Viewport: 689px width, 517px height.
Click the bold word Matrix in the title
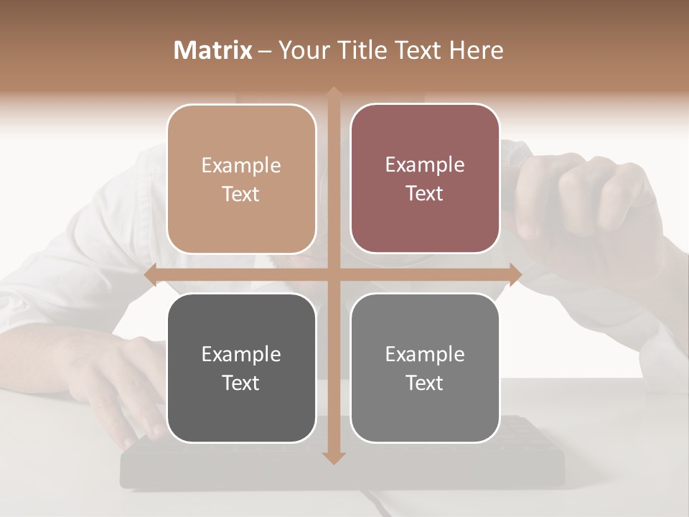click(213, 50)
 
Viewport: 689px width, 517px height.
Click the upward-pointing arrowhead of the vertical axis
click(333, 93)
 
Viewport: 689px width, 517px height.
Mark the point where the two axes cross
click(333, 274)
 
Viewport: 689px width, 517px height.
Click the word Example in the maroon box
click(425, 165)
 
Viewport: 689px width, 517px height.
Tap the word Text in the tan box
click(241, 195)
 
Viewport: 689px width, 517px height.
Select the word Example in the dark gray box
click(241, 354)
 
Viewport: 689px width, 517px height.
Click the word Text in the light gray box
click(425, 383)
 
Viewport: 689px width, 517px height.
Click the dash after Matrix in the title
click(265, 51)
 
